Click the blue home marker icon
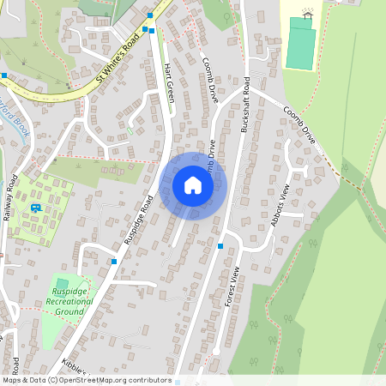193,185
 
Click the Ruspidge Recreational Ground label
66,301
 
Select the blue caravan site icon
36,208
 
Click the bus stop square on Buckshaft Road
220,246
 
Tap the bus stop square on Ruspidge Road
113,261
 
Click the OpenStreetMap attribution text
86,380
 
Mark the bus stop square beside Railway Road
4,75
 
